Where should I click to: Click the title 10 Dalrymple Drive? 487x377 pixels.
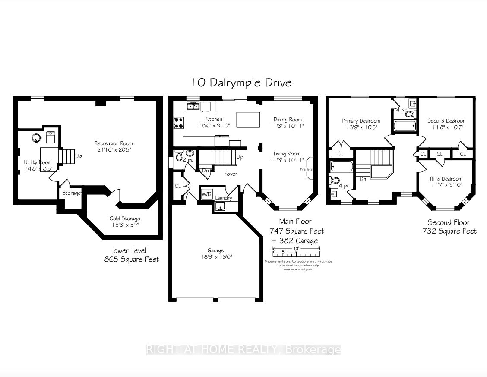pyautogui.click(x=242, y=82)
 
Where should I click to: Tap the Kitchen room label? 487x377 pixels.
pyautogui.click(x=214, y=119)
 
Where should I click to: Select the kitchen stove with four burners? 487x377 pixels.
pyautogui.click(x=179, y=123)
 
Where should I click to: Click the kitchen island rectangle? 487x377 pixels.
pyautogui.click(x=248, y=120)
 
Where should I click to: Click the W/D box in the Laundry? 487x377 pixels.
pyautogui.click(x=207, y=194)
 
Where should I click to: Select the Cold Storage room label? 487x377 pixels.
pyautogui.click(x=124, y=218)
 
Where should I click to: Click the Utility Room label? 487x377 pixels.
pyautogui.click(x=38, y=162)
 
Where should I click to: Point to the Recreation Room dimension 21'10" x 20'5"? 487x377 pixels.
pyautogui.click(x=114, y=150)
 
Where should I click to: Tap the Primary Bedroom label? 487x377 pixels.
pyautogui.click(x=361, y=121)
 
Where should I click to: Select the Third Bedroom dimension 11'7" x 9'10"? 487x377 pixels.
pyautogui.click(x=446, y=185)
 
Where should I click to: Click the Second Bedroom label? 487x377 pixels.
pyautogui.click(x=446, y=121)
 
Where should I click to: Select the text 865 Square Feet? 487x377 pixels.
pyautogui.click(x=131, y=259)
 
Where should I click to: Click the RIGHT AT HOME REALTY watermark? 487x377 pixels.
pyautogui.click(x=244, y=350)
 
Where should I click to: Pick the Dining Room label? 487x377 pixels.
pyautogui.click(x=288, y=120)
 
